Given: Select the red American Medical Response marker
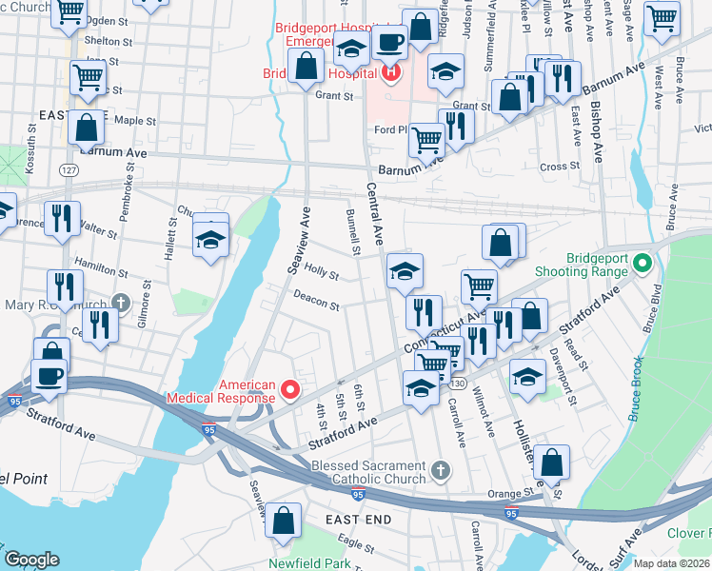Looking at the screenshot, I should pos(291,390).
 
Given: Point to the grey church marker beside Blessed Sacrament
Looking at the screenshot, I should pos(439,469).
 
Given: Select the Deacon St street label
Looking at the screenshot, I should pos(316,303).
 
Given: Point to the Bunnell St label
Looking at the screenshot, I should pos(351,233).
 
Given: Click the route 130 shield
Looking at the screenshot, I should pos(458,383).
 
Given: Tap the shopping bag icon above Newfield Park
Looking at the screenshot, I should pos(283,521).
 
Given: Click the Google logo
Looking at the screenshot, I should pos(31,560).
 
